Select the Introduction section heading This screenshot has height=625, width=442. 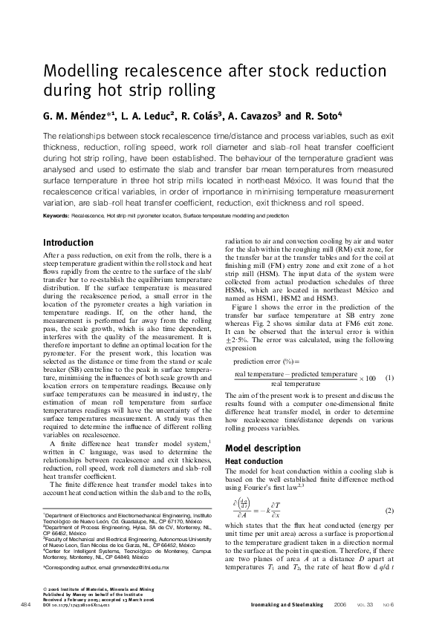click(68, 243)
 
